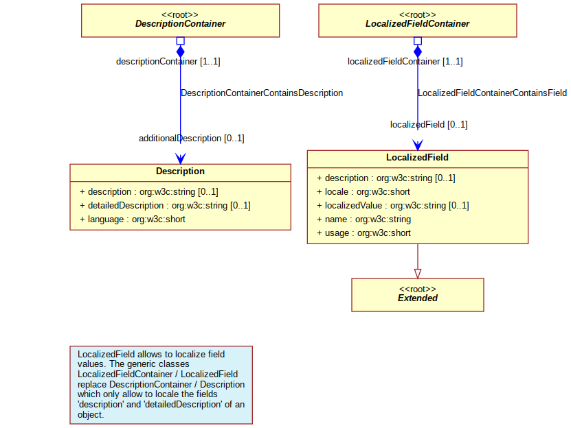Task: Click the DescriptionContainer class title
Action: point(180,23)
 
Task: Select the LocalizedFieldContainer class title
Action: point(417,23)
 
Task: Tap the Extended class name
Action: point(417,298)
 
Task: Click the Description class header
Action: point(180,171)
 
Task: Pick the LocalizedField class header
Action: point(417,158)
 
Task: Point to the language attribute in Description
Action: point(133,219)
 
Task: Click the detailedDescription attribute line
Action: point(165,206)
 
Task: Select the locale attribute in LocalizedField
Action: point(363,191)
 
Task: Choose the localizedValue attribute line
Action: point(393,206)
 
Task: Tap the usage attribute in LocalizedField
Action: point(363,233)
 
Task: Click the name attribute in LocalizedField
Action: point(363,219)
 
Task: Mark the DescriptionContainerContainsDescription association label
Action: point(262,93)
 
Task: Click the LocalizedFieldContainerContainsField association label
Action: point(493,93)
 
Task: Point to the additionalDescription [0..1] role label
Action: point(192,139)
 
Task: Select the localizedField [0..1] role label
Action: point(429,125)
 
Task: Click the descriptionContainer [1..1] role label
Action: point(168,62)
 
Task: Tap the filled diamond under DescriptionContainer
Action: point(180,51)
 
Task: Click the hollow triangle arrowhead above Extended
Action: point(418,274)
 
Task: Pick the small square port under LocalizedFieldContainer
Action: point(418,40)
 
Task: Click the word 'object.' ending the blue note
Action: point(91,415)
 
